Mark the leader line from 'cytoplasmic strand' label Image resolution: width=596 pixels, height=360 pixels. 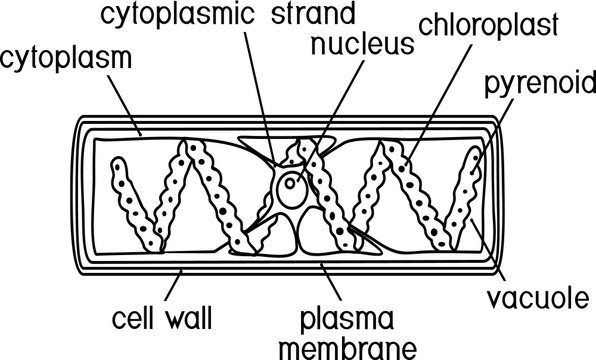tap(262, 90)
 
